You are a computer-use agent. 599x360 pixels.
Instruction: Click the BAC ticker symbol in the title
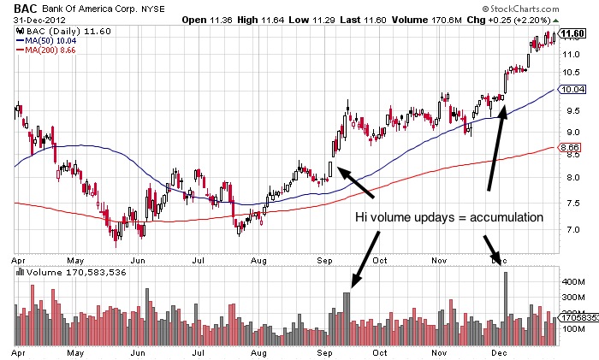[x=25, y=8]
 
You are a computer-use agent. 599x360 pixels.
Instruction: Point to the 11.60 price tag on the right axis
[x=571, y=34]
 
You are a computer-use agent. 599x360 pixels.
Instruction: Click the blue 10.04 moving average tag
[x=571, y=88]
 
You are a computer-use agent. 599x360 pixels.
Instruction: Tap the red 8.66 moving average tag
[x=571, y=148]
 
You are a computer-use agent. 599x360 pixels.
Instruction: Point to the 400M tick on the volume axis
[x=571, y=280]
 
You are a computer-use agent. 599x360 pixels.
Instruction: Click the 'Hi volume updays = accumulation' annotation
[x=448, y=218]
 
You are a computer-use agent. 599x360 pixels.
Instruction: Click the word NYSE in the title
[x=153, y=9]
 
